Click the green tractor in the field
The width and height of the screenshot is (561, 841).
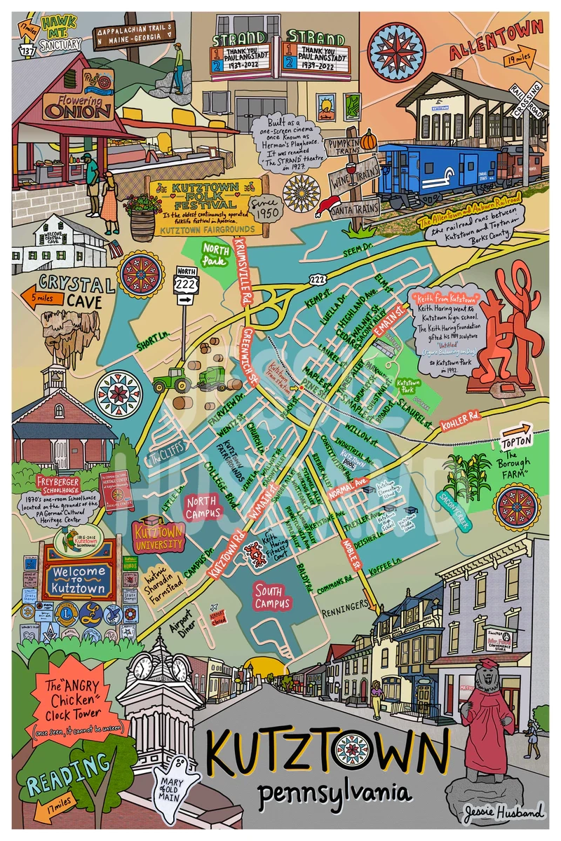coord(170,379)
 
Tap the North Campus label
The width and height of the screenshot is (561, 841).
coord(203,507)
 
